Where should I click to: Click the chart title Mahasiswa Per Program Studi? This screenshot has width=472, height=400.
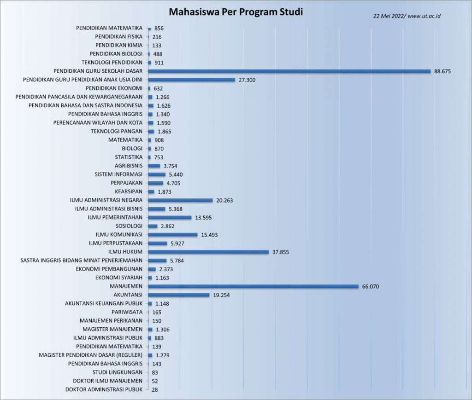(x=236, y=12)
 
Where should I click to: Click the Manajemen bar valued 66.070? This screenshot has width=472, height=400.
(x=253, y=286)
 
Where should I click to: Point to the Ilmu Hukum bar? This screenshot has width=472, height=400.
(x=208, y=252)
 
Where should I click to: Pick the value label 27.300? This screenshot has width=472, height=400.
(x=247, y=80)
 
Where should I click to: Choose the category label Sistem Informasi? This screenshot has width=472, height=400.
(x=118, y=174)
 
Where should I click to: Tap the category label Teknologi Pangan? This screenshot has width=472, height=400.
(x=117, y=131)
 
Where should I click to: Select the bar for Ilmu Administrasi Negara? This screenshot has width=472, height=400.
(x=180, y=200)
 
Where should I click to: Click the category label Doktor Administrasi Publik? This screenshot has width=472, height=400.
(x=104, y=390)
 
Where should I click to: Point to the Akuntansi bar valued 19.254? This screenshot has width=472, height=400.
(x=179, y=295)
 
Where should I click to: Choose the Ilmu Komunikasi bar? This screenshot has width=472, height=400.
(x=173, y=235)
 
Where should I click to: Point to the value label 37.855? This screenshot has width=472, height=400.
(x=280, y=252)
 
